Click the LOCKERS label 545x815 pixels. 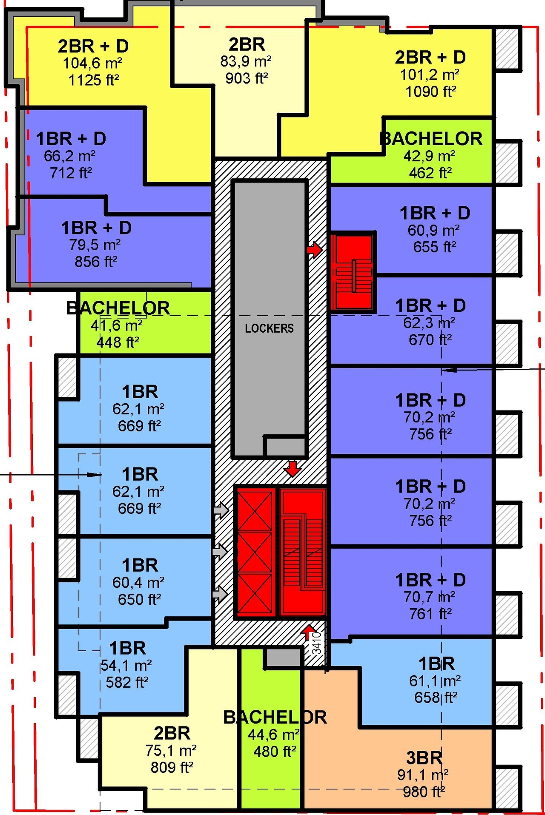point(269,328)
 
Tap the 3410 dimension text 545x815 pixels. point(316,643)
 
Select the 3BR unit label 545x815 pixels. point(424,758)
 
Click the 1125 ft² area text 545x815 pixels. point(94,80)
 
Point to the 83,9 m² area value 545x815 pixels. point(246,62)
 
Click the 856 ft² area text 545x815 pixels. point(96,262)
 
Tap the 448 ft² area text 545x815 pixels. point(118,342)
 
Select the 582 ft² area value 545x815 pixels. point(127,682)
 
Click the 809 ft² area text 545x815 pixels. point(172,767)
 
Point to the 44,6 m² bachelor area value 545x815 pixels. point(274,735)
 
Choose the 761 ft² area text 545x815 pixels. point(430,614)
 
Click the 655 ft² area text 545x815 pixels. point(434,247)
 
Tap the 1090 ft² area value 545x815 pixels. point(430,91)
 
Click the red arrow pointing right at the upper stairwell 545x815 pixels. point(314,250)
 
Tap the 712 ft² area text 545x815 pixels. point(71,173)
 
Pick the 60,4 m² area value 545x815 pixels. point(138,582)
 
